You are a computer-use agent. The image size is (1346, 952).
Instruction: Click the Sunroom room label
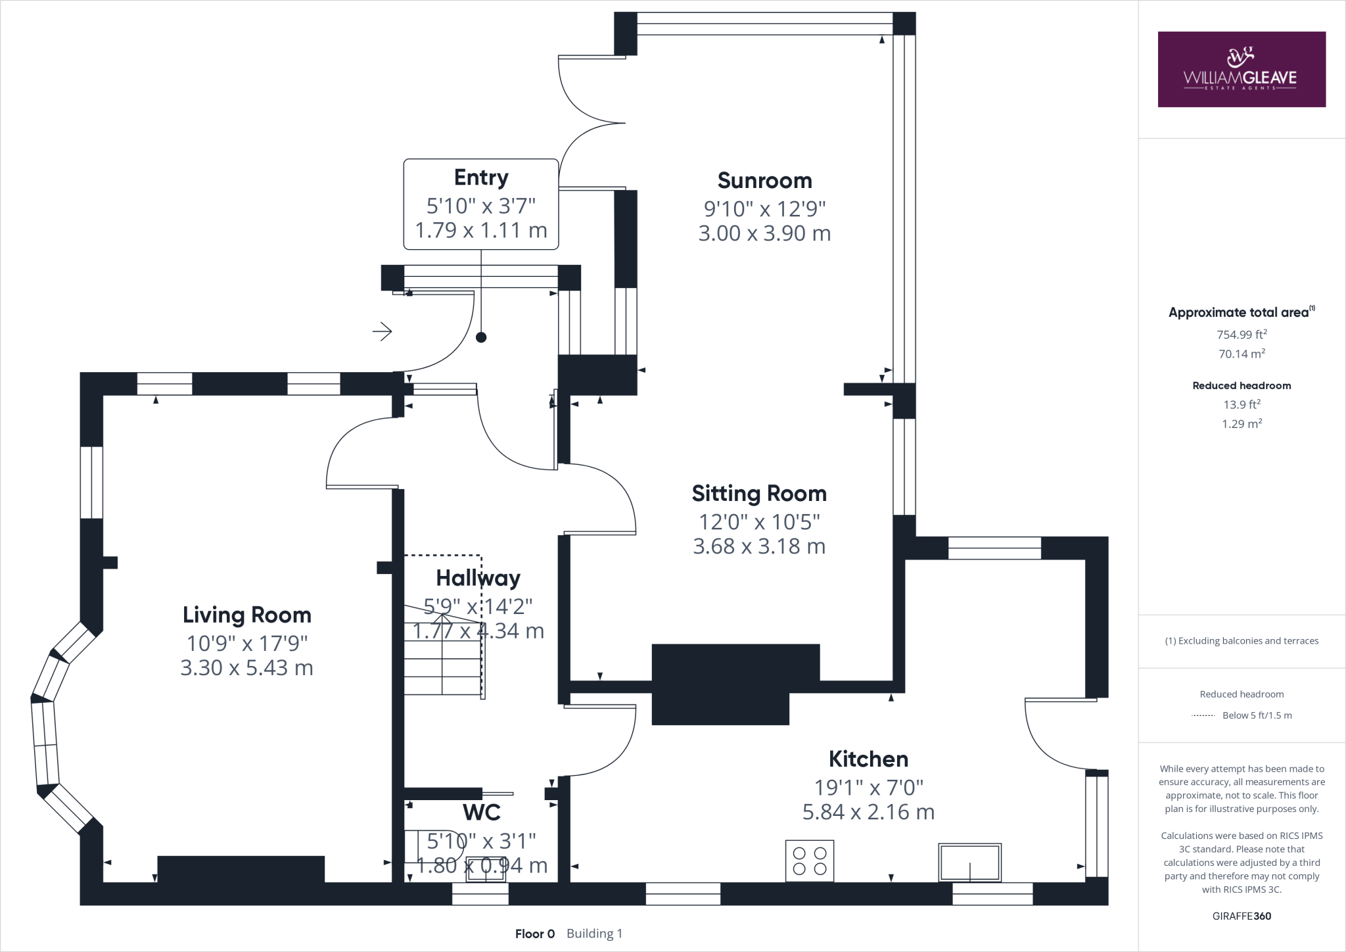(x=764, y=180)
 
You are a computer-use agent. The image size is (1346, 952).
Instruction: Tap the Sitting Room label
(x=759, y=493)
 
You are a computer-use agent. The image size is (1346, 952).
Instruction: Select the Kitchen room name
(x=868, y=759)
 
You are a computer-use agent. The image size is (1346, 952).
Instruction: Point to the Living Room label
(x=247, y=615)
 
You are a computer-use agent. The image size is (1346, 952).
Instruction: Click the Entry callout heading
(x=481, y=178)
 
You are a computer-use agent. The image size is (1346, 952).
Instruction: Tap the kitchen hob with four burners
(x=810, y=861)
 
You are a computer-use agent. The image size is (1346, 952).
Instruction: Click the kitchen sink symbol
(x=970, y=862)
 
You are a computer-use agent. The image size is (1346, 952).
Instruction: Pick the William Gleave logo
(x=1242, y=69)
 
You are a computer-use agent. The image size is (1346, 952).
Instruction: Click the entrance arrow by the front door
(x=383, y=331)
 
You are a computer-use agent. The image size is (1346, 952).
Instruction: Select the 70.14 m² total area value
(x=1242, y=354)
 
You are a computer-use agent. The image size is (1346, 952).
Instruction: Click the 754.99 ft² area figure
(x=1242, y=334)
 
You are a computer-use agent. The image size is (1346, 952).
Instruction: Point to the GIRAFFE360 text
(x=1242, y=916)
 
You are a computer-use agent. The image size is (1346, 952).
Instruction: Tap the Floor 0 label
(x=535, y=934)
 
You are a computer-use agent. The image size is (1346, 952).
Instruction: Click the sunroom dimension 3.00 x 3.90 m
(x=764, y=233)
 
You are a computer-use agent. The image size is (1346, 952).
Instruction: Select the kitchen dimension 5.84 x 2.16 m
(x=868, y=812)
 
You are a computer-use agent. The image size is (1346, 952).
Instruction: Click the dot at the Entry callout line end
(x=481, y=337)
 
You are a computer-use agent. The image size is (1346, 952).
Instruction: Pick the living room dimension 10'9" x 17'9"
(x=247, y=642)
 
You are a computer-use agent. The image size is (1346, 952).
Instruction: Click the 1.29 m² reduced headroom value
(x=1242, y=424)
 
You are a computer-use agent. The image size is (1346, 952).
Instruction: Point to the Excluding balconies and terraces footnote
(x=1242, y=641)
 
